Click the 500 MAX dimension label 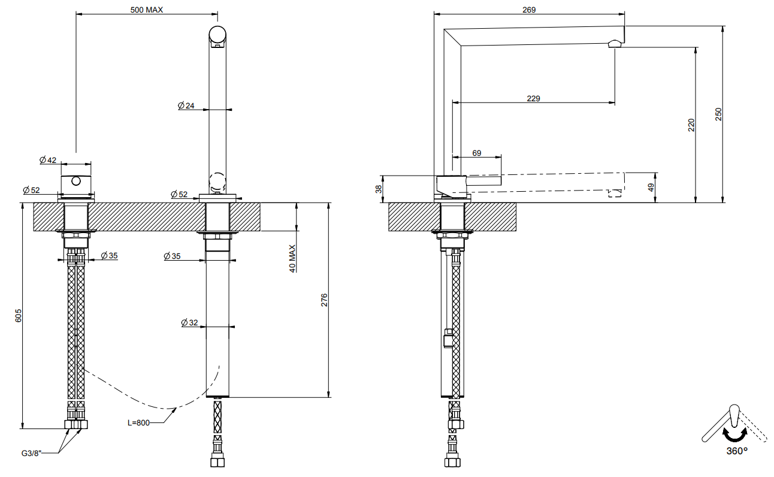pyautogui.click(x=147, y=10)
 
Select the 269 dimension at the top pyautogui.click(x=529, y=10)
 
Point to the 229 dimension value pyautogui.click(x=533, y=98)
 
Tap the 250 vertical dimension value pyautogui.click(x=718, y=114)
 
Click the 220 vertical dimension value pyautogui.click(x=691, y=125)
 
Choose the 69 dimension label pyautogui.click(x=476, y=153)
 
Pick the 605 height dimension pyautogui.click(x=19, y=316)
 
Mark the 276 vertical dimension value pyautogui.click(x=323, y=300)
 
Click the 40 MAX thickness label pyautogui.click(x=292, y=258)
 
